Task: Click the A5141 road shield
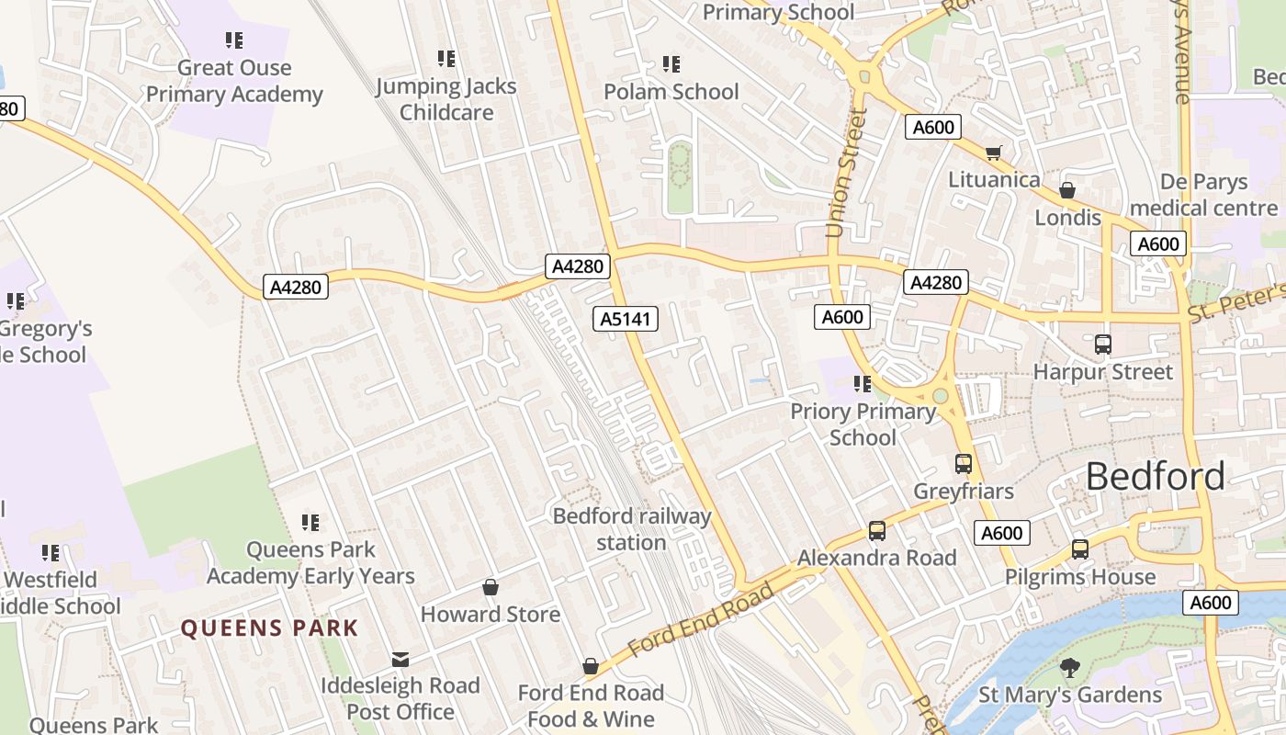[x=626, y=319]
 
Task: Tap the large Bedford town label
[x=1155, y=476]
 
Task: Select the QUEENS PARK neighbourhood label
[x=269, y=628]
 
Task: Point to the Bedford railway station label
[x=632, y=529]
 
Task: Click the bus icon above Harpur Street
[x=1103, y=345]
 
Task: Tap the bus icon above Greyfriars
[x=964, y=464]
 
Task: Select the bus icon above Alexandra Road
[x=877, y=530]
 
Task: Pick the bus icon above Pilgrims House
[x=1080, y=549]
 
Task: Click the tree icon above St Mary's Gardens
[x=1069, y=668]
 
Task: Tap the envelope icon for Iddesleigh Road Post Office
[x=400, y=659]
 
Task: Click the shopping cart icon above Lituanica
[x=993, y=153]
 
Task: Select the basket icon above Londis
[x=1067, y=190]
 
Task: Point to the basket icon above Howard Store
[x=491, y=587]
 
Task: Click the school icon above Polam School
[x=671, y=64]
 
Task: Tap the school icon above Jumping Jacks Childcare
[x=446, y=59]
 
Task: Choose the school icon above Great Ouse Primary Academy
[x=234, y=40]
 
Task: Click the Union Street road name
[x=846, y=173]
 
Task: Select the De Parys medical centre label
[x=1204, y=195]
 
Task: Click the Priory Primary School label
[x=863, y=424]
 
